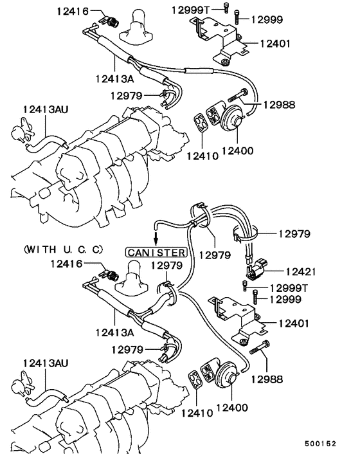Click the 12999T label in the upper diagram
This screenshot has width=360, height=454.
(x=191, y=10)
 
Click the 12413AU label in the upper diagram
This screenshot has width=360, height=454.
(x=46, y=109)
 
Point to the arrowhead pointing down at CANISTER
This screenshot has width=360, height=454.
(x=157, y=241)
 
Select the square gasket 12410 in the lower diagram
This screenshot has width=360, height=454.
(x=193, y=379)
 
